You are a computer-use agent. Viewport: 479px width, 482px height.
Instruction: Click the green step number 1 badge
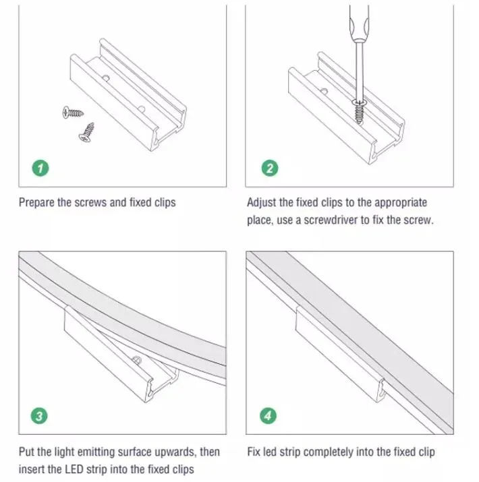tap(40, 168)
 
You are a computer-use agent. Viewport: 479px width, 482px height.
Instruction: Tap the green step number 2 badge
tap(270, 168)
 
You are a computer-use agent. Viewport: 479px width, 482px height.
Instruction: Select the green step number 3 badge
tap(39, 416)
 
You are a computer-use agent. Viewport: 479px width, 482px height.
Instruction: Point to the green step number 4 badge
tap(268, 416)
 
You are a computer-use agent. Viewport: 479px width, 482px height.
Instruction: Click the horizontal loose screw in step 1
tap(73, 113)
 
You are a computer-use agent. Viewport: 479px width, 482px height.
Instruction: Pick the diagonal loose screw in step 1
tap(87, 133)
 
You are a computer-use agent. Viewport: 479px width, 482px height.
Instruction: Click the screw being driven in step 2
tap(358, 111)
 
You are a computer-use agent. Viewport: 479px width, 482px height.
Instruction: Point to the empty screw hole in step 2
tap(324, 91)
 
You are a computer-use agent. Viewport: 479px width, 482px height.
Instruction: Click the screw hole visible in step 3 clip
tap(136, 360)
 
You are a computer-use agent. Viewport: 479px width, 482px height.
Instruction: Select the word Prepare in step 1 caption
tap(36, 203)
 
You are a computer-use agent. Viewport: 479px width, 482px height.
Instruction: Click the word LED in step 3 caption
tap(74, 469)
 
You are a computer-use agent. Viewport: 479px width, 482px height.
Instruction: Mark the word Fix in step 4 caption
tap(254, 452)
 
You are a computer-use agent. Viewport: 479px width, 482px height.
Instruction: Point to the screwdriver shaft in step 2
tap(359, 71)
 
